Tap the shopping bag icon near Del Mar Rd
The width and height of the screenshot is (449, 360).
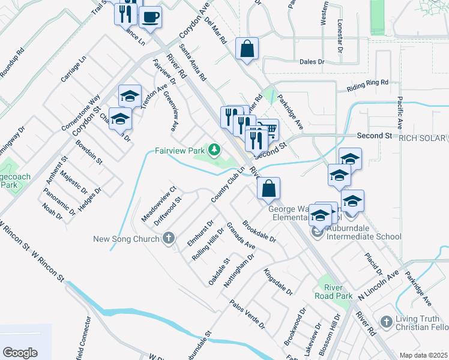(247, 49)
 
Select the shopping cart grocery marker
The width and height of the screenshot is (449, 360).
(270, 128)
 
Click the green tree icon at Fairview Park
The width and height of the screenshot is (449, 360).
(214, 149)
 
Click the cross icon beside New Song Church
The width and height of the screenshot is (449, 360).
(169, 239)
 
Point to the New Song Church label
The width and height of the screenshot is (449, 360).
(126, 239)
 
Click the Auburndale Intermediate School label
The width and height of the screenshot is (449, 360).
(364, 236)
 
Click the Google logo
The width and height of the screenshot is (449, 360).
(20, 353)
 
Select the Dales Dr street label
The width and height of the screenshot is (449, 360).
(312, 62)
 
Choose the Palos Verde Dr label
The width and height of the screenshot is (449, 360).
(247, 313)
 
